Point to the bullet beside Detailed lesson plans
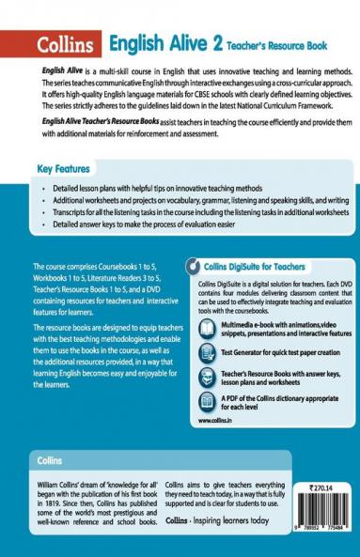pyautogui.click(x=45, y=190)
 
